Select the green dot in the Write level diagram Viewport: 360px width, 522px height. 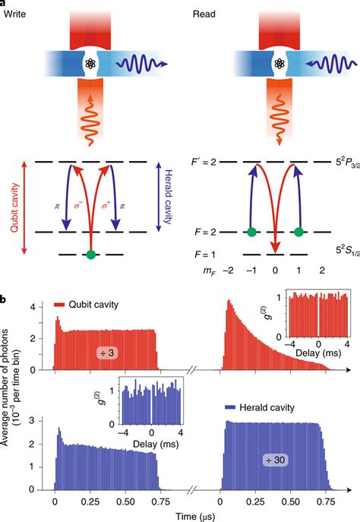click(90, 254)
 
